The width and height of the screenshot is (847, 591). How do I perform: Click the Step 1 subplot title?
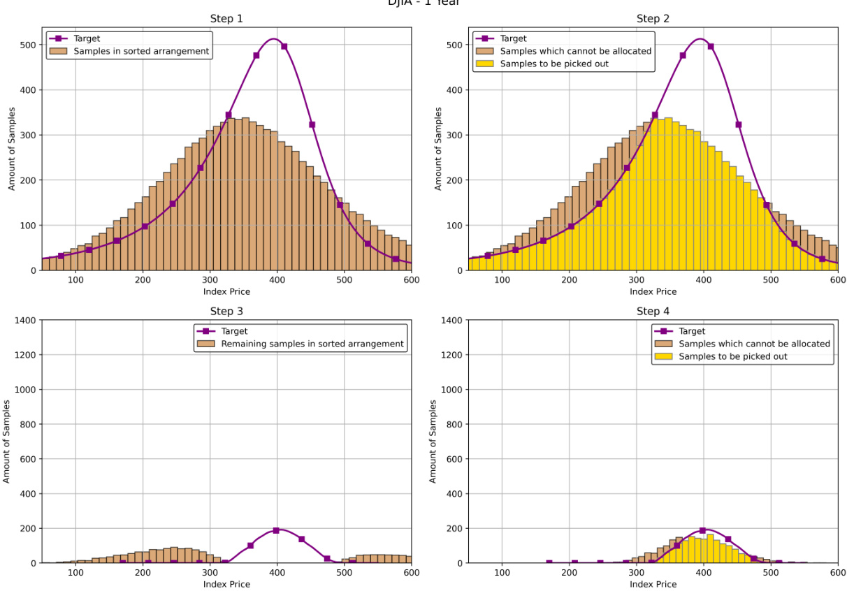tap(226, 19)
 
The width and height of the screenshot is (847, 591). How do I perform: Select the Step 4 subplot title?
tap(653, 312)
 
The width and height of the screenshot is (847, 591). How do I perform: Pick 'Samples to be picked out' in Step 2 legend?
tap(553, 64)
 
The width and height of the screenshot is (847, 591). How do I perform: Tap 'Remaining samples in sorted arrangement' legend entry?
tap(312, 344)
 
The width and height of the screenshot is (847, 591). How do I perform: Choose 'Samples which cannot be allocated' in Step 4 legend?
tap(754, 344)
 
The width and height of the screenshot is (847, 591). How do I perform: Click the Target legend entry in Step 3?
tap(234, 331)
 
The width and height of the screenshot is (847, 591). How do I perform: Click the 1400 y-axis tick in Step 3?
tap(24, 320)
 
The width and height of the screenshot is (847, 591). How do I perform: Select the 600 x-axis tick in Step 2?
tap(837, 280)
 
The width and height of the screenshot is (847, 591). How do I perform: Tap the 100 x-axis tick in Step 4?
tap(502, 573)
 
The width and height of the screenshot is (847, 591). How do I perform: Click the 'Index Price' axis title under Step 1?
tap(226, 291)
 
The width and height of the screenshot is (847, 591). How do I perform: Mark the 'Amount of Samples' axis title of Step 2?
tap(438, 149)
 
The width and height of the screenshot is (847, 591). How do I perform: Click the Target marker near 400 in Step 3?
tap(276, 531)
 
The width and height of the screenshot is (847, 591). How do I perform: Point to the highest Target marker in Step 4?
tap(702, 531)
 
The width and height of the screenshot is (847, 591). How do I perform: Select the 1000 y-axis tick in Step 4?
tap(450, 389)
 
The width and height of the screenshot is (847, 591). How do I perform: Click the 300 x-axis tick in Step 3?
tap(210, 573)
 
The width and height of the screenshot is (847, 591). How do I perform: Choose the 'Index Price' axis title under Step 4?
tap(653, 584)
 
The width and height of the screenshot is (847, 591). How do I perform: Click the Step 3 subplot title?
tap(226, 312)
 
